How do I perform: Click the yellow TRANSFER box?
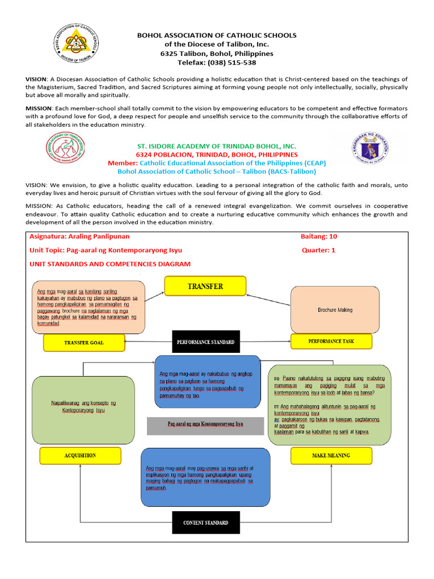point(205,287)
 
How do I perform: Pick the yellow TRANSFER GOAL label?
point(84,343)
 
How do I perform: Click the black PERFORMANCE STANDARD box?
point(205,342)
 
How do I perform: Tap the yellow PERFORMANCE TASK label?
point(331,342)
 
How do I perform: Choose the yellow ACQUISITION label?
point(80,455)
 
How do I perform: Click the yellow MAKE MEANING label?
point(331,455)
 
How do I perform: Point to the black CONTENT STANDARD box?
point(205,523)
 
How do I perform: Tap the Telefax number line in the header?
point(217,63)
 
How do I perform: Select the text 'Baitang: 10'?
point(319,236)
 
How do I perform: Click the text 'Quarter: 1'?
point(319,250)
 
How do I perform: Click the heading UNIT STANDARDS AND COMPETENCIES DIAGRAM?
point(110,264)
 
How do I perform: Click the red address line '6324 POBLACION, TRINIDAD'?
point(217,154)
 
